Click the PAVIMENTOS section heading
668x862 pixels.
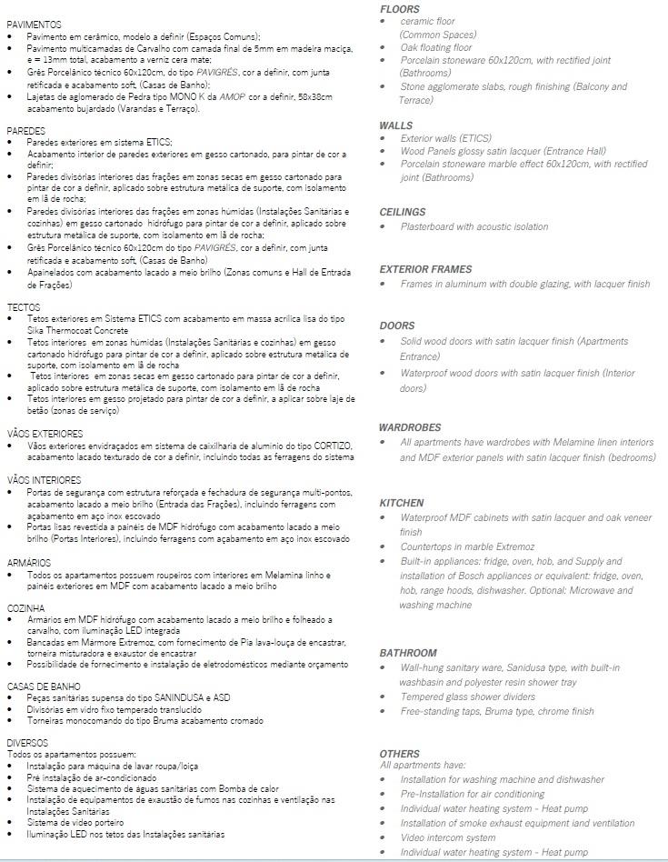point(34,24)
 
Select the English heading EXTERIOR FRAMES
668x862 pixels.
point(425,269)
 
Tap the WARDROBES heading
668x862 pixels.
point(410,427)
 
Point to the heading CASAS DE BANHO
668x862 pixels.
point(44,686)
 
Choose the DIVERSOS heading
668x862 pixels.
point(27,743)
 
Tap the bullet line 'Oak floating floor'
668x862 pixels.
point(436,47)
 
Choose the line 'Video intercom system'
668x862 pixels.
point(448,837)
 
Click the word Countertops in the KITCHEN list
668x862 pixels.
point(430,546)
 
